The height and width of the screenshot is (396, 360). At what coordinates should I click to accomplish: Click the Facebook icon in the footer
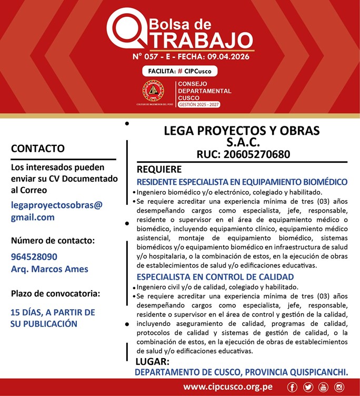click(x=293, y=388)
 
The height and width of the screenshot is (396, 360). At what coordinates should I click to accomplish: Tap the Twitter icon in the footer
click(x=308, y=388)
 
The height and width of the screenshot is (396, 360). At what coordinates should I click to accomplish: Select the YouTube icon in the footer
click(x=323, y=388)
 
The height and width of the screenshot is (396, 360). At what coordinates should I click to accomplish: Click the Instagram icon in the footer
click(x=338, y=388)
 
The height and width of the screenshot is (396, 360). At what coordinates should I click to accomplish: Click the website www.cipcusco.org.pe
click(x=228, y=387)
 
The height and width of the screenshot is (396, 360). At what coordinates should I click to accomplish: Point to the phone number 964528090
click(x=34, y=257)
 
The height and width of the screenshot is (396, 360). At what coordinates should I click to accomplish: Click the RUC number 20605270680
click(x=243, y=155)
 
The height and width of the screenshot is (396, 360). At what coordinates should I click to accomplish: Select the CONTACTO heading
click(x=38, y=148)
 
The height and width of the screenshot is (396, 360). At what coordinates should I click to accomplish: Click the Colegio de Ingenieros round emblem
click(x=153, y=91)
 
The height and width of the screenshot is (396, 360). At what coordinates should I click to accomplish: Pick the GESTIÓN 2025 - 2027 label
click(x=199, y=105)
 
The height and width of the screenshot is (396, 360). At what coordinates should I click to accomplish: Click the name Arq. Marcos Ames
click(x=49, y=269)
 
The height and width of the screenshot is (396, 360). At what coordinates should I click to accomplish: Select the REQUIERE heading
click(x=159, y=170)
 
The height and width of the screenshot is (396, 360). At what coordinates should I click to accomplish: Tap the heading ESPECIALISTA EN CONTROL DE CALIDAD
click(x=215, y=277)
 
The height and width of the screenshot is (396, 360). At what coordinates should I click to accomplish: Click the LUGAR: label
click(x=152, y=362)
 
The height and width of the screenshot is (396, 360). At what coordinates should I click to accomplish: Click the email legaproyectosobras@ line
click(x=57, y=205)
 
